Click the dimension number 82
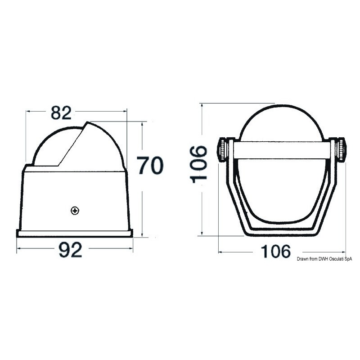[x=61, y=113]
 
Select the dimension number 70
[x=150, y=165]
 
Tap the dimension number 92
[x=70, y=250]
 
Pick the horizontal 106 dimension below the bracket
[x=276, y=251]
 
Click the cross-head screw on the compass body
[x=75, y=211]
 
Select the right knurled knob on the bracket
[x=341, y=150]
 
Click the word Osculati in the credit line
[x=337, y=259]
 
